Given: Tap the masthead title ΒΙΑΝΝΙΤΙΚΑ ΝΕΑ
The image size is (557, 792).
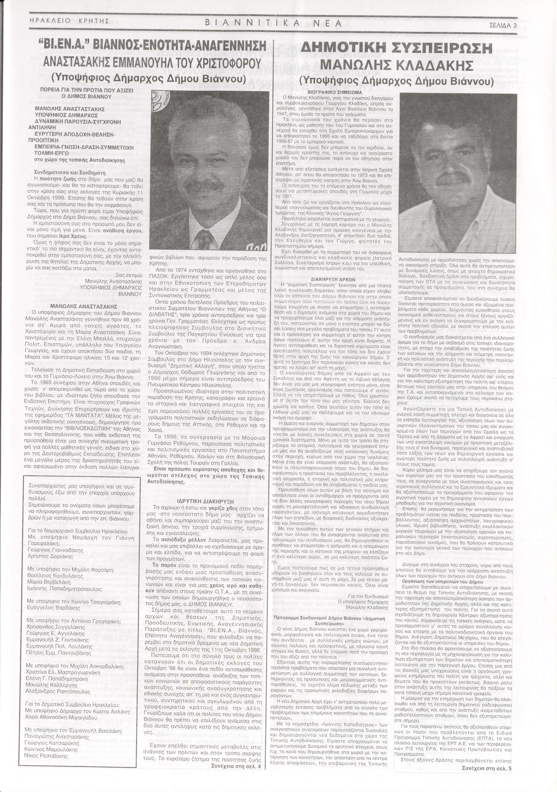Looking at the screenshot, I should point(273,23).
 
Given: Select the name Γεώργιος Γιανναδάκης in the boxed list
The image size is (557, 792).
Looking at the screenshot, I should point(51,551).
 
